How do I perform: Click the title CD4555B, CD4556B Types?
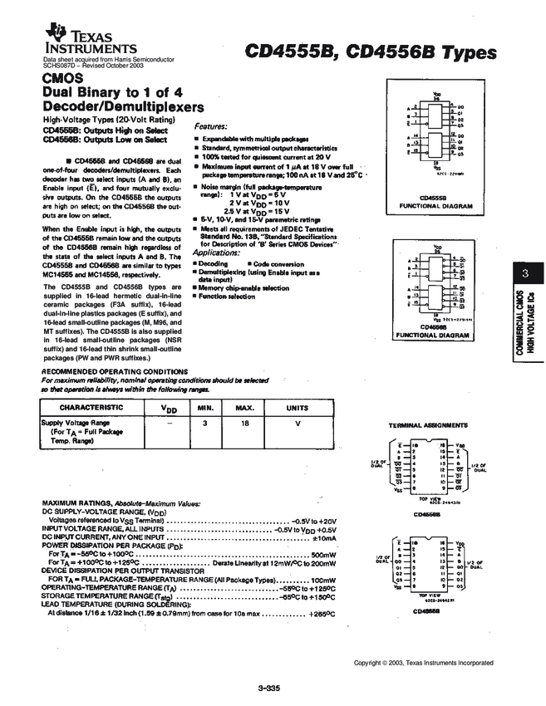coord(371,51)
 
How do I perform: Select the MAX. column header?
coord(244,408)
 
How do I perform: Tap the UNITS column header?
coord(298,408)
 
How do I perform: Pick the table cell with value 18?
coord(244,423)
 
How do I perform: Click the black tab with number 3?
coord(525,273)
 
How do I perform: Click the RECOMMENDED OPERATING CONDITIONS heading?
coord(114,371)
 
